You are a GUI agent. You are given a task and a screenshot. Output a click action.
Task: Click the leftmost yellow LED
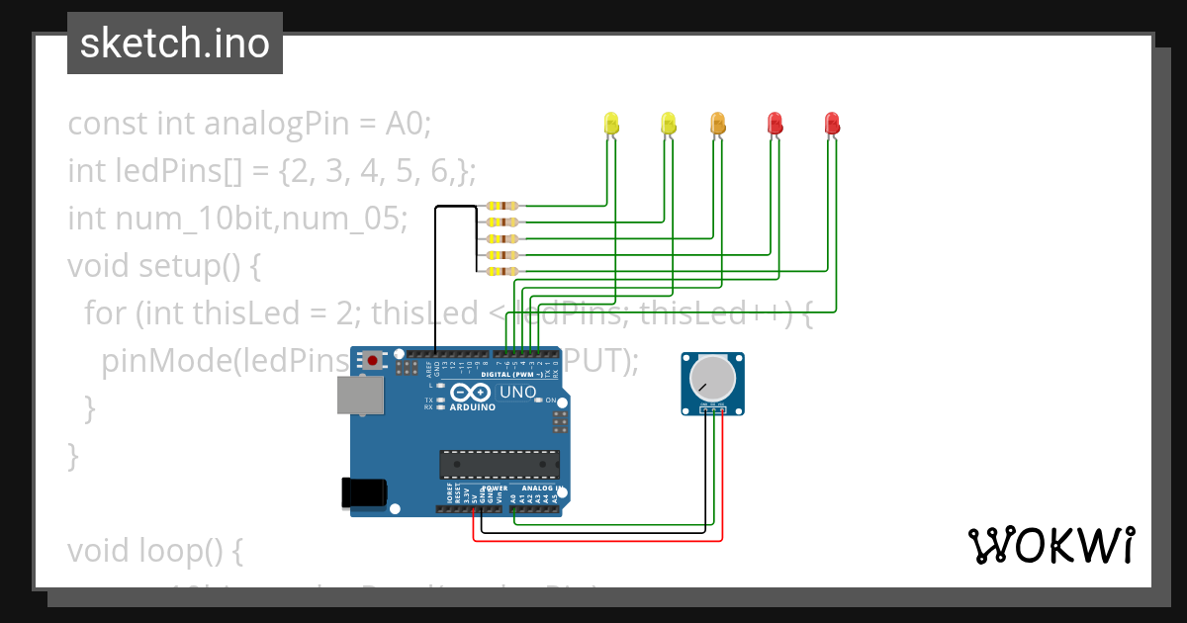pyautogui.click(x=611, y=124)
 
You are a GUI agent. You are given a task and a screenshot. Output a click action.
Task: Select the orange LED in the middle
pyautogui.click(x=718, y=124)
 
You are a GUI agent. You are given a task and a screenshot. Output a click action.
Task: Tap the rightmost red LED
pyautogui.click(x=832, y=124)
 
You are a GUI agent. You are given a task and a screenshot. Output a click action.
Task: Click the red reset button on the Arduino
pyautogui.click(x=372, y=361)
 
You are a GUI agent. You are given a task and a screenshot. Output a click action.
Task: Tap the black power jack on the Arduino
pyautogui.click(x=361, y=492)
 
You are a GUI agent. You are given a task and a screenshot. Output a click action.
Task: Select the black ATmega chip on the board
pyautogui.click(x=500, y=465)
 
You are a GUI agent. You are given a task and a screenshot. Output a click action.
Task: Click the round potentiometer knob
pyautogui.click(x=712, y=377)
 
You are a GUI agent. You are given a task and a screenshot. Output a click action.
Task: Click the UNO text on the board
pyautogui.click(x=517, y=393)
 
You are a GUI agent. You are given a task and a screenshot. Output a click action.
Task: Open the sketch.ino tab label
pyautogui.click(x=175, y=44)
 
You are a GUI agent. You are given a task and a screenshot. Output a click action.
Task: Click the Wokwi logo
pyautogui.click(x=1050, y=545)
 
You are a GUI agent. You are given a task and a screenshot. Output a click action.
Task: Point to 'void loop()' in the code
pyautogui.click(x=154, y=550)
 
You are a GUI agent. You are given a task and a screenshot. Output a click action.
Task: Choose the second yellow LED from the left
pyautogui.click(x=669, y=124)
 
